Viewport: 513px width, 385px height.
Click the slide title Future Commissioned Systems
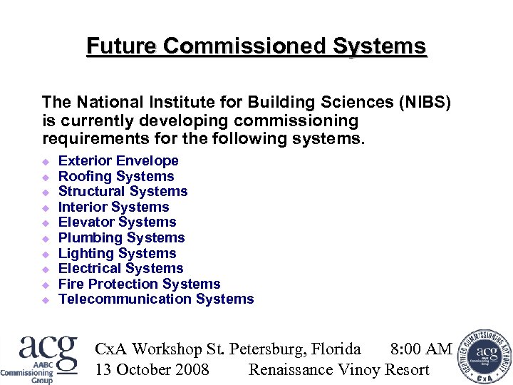point(256,47)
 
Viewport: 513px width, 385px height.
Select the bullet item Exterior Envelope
point(118,161)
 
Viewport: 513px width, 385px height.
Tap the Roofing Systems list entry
point(116,176)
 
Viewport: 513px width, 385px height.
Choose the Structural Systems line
point(123,192)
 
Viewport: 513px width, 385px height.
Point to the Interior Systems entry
point(113,207)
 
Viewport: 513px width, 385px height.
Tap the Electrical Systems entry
point(120,269)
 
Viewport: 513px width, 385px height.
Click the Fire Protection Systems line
point(139,284)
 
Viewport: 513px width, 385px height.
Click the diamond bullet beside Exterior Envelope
point(44,162)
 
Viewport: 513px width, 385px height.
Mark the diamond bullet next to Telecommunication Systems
point(44,300)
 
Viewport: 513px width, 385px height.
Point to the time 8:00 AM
point(421,349)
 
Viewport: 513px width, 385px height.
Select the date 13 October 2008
point(152,369)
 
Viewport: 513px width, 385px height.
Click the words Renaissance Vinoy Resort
point(338,369)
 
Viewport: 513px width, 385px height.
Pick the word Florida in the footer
point(334,349)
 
